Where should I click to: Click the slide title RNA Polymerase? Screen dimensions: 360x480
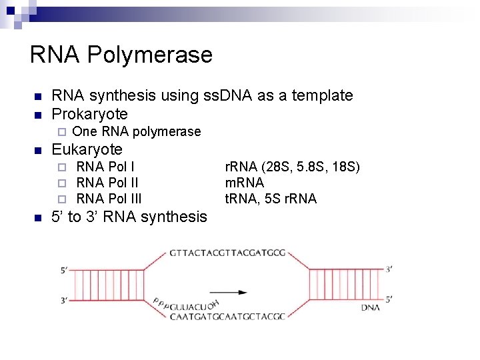click(x=121, y=55)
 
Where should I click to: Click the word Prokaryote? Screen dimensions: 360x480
click(x=89, y=113)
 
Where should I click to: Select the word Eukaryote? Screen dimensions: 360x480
click(x=87, y=149)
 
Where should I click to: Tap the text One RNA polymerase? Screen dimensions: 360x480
click(x=136, y=131)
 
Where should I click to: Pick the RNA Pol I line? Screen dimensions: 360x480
click(x=105, y=166)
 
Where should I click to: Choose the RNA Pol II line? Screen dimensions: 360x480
click(x=107, y=182)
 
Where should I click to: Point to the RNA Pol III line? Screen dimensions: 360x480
click(x=109, y=198)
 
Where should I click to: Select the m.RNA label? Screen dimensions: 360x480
click(x=245, y=182)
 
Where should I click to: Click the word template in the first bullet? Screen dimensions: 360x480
click(x=323, y=95)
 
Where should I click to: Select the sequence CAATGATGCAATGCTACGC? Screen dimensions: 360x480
click(x=227, y=316)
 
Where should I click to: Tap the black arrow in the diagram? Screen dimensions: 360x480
click(x=228, y=292)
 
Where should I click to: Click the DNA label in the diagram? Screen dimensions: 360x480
click(x=371, y=308)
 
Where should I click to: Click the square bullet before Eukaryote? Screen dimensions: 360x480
click(x=37, y=149)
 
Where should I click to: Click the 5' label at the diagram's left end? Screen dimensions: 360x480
click(x=64, y=270)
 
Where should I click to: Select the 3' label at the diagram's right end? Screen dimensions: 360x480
click(x=389, y=269)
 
